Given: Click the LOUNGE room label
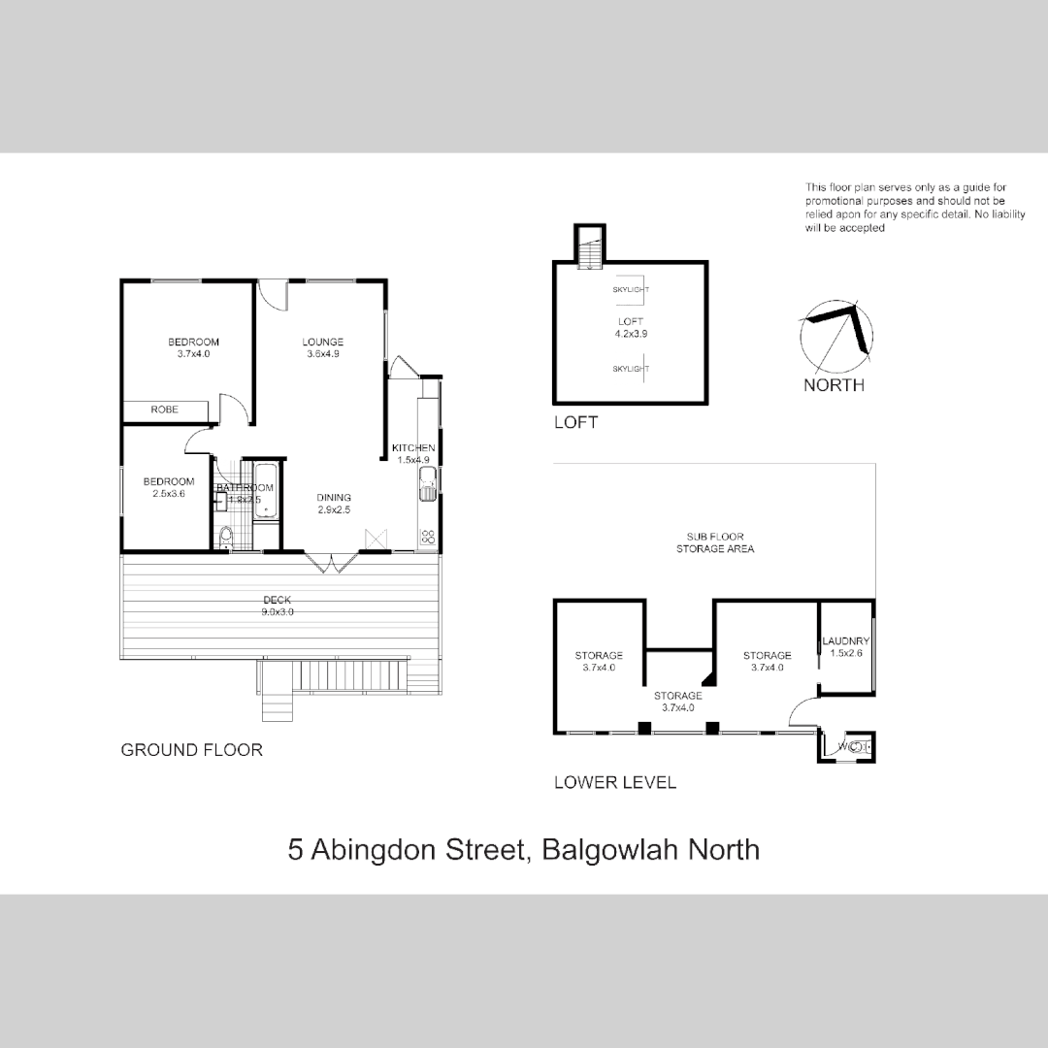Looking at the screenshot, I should coord(322,342).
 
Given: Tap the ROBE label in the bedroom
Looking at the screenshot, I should coord(164,410).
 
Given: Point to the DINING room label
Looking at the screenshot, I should coord(334,498).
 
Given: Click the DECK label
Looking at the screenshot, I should coord(278,600).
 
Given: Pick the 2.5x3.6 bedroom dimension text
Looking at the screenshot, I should coord(169,494).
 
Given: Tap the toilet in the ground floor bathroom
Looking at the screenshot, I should coord(226,537).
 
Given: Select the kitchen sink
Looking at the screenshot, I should coord(426,483).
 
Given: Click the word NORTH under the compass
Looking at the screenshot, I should coord(834,385).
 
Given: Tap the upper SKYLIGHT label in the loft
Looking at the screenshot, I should coord(631,289).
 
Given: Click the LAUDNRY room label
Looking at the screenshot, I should coord(845,641).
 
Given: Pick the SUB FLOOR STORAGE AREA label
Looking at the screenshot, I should coord(715,542).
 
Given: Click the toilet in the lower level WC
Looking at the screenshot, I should coord(855,746).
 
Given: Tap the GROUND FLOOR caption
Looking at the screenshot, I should coord(191,750).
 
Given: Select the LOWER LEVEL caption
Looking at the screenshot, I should coord(614,782).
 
